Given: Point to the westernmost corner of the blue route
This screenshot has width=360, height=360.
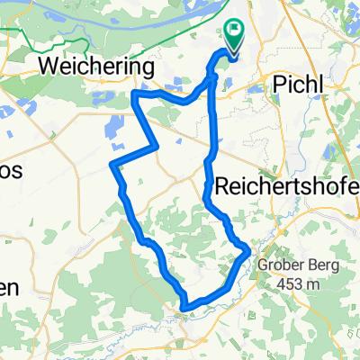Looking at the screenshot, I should coord(111,165).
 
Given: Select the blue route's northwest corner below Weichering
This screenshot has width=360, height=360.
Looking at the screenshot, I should coord(135,94).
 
